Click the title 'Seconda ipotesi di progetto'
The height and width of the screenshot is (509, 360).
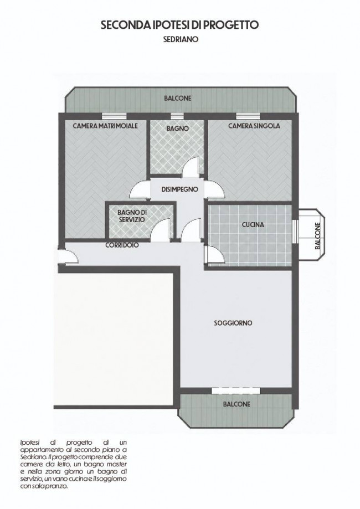click(180, 25)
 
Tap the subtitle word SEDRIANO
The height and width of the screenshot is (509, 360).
click(181, 40)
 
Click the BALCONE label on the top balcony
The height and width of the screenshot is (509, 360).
click(178, 98)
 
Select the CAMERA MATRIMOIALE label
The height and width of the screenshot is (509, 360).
click(105, 126)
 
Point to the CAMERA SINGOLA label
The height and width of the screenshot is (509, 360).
click(254, 126)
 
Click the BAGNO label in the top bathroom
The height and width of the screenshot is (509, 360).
click(178, 128)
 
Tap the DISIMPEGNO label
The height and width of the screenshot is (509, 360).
click(180, 189)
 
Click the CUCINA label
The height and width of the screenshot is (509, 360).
click(253, 225)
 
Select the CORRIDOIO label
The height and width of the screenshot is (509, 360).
click(122, 245)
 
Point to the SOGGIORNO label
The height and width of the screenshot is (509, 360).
click(233, 323)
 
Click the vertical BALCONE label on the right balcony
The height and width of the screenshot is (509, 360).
click(318, 236)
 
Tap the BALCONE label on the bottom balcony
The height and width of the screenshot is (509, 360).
click(236, 404)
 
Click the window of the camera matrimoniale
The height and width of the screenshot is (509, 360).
click(114, 116)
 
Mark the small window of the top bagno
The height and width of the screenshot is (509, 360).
click(177, 116)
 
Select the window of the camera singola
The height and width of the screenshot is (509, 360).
click(248, 116)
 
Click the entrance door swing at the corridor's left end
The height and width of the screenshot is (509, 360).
click(68, 256)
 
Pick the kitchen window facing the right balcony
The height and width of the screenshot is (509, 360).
click(295, 231)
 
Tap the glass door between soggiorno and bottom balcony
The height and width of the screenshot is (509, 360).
click(236, 391)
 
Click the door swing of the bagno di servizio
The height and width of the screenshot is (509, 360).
click(161, 230)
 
